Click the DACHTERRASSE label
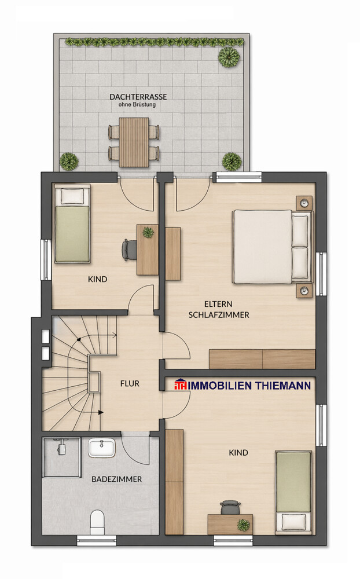138,97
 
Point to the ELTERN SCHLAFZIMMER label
218,310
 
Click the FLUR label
130,383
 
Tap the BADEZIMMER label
116,479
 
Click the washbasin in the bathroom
102,448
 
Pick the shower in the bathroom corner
61,457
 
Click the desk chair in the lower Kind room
230,507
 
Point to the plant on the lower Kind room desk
244,525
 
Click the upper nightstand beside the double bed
304,203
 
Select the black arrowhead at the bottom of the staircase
101,412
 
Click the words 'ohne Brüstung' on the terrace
138,105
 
